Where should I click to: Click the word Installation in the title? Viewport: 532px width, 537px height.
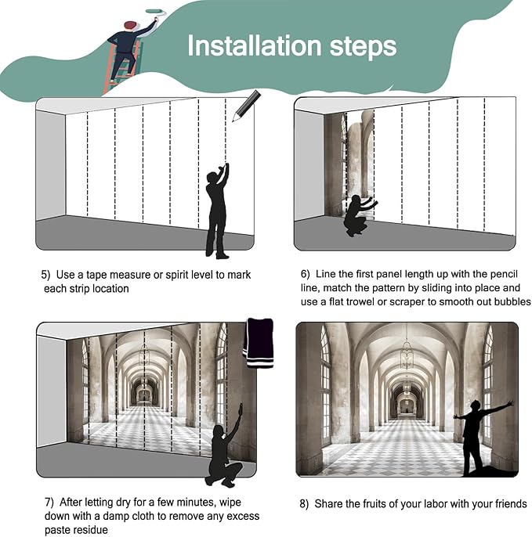click(x=254, y=46)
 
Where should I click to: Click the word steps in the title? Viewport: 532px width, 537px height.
click(x=363, y=48)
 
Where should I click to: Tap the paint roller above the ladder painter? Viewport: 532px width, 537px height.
click(x=156, y=12)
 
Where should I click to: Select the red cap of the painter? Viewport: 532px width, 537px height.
click(x=131, y=25)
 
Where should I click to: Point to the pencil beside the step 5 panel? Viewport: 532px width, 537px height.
click(x=247, y=106)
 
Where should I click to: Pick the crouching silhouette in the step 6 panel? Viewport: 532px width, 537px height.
click(x=359, y=215)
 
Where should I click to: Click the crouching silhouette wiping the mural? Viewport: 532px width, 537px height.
click(x=225, y=445)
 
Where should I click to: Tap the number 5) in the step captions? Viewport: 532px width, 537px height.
click(x=45, y=275)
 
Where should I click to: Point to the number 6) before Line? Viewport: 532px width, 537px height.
click(x=305, y=274)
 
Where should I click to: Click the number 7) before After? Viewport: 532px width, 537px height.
click(x=49, y=502)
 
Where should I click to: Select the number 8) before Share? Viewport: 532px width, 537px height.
click(x=304, y=504)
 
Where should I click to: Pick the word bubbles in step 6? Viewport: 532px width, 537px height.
click(x=512, y=301)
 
